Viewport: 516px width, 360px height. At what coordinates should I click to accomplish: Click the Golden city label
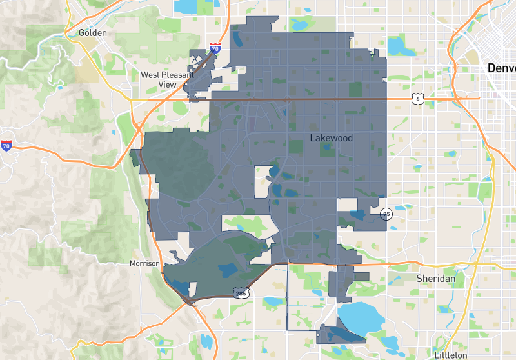click(x=92, y=32)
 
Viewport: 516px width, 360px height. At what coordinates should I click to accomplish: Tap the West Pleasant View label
click(x=167, y=79)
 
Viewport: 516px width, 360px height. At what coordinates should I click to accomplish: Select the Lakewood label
click(x=332, y=137)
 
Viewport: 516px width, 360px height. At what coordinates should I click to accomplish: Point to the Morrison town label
click(x=144, y=263)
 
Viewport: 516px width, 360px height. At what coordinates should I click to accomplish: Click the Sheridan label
click(x=436, y=278)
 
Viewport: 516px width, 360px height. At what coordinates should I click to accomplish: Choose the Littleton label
click(x=450, y=355)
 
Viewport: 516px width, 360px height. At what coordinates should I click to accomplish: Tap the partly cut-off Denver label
click(x=501, y=68)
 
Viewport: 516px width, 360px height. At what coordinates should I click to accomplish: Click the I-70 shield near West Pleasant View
click(x=215, y=48)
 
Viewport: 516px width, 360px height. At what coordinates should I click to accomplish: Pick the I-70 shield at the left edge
click(x=6, y=146)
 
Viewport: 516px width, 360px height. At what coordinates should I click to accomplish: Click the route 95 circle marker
click(x=386, y=214)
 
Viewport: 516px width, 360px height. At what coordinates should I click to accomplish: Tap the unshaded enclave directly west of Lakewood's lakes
click(x=263, y=181)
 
